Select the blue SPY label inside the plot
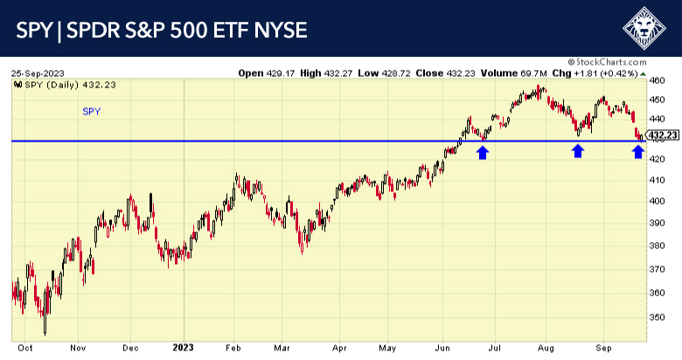(x=91, y=112)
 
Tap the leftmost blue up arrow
(x=482, y=152)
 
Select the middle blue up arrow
(x=577, y=151)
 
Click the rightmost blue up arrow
(x=638, y=151)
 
